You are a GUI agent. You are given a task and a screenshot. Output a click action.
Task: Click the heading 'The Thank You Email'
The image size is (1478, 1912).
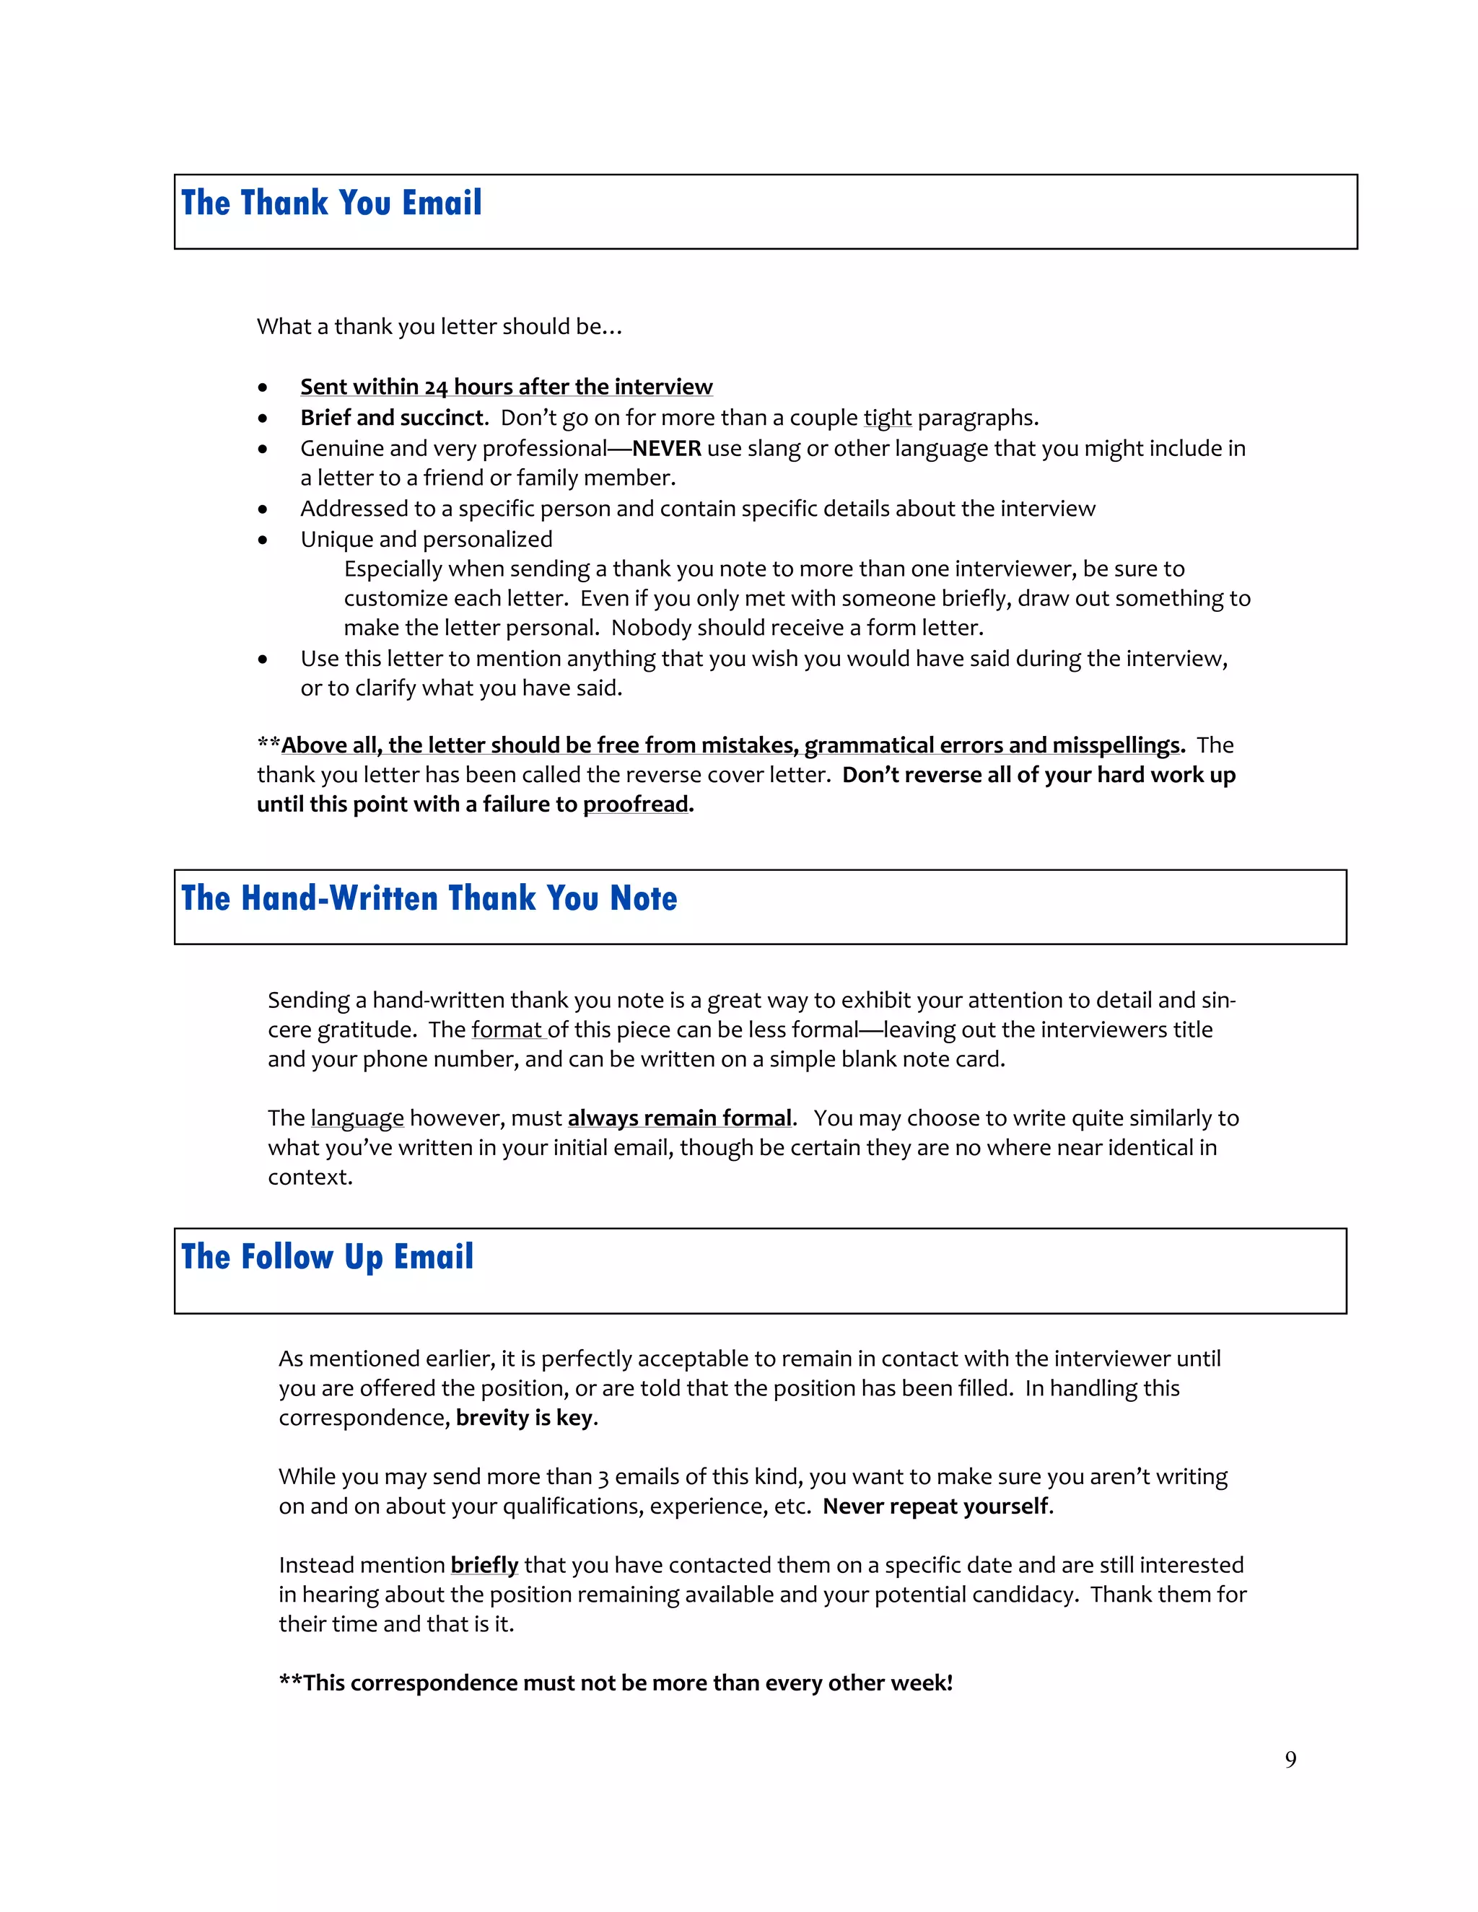331,203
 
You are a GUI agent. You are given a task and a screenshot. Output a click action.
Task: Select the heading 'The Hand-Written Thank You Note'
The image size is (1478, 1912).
429,898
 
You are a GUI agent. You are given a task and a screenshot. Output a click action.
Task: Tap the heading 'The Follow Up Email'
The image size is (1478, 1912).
328,1256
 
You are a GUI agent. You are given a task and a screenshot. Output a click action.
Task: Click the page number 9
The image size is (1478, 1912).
1290,1760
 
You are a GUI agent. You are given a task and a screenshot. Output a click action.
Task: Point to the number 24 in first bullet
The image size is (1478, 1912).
436,387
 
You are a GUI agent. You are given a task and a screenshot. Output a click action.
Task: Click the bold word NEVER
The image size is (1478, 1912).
666,448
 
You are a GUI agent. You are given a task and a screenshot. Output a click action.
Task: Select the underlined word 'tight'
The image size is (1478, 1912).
887,418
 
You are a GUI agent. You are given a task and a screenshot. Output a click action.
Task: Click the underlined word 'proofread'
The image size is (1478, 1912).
636,804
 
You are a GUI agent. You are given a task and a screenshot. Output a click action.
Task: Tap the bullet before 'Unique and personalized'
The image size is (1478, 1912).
263,540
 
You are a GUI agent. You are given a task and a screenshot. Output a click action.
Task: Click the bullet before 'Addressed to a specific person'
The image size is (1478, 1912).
263,509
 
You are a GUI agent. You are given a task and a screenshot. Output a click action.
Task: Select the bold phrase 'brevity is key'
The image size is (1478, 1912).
525,1417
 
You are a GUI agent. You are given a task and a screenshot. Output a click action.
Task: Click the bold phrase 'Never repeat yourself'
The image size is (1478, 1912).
935,1506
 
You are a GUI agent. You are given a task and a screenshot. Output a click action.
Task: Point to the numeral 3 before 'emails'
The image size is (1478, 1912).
603,1477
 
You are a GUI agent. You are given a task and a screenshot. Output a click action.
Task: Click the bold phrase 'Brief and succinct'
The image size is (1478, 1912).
391,418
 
